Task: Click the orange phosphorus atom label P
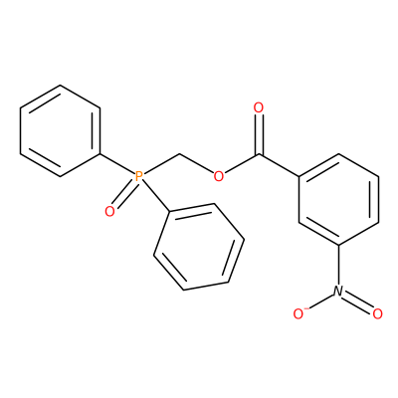tap(139, 176)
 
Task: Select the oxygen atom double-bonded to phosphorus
tap(109, 211)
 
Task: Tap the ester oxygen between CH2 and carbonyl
tap(219, 176)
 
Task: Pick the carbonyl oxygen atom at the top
tap(258, 107)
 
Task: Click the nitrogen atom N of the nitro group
tap(338, 291)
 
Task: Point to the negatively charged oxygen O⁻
tap(299, 313)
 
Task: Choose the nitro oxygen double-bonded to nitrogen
tap(377, 313)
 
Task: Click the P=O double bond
tap(123, 195)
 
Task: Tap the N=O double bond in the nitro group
tap(358, 301)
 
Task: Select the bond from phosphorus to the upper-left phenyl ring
tap(116, 163)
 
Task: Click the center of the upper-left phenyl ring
tap(60, 130)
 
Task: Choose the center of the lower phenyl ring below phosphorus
tap(199, 247)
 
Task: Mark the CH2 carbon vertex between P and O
tap(179, 154)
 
